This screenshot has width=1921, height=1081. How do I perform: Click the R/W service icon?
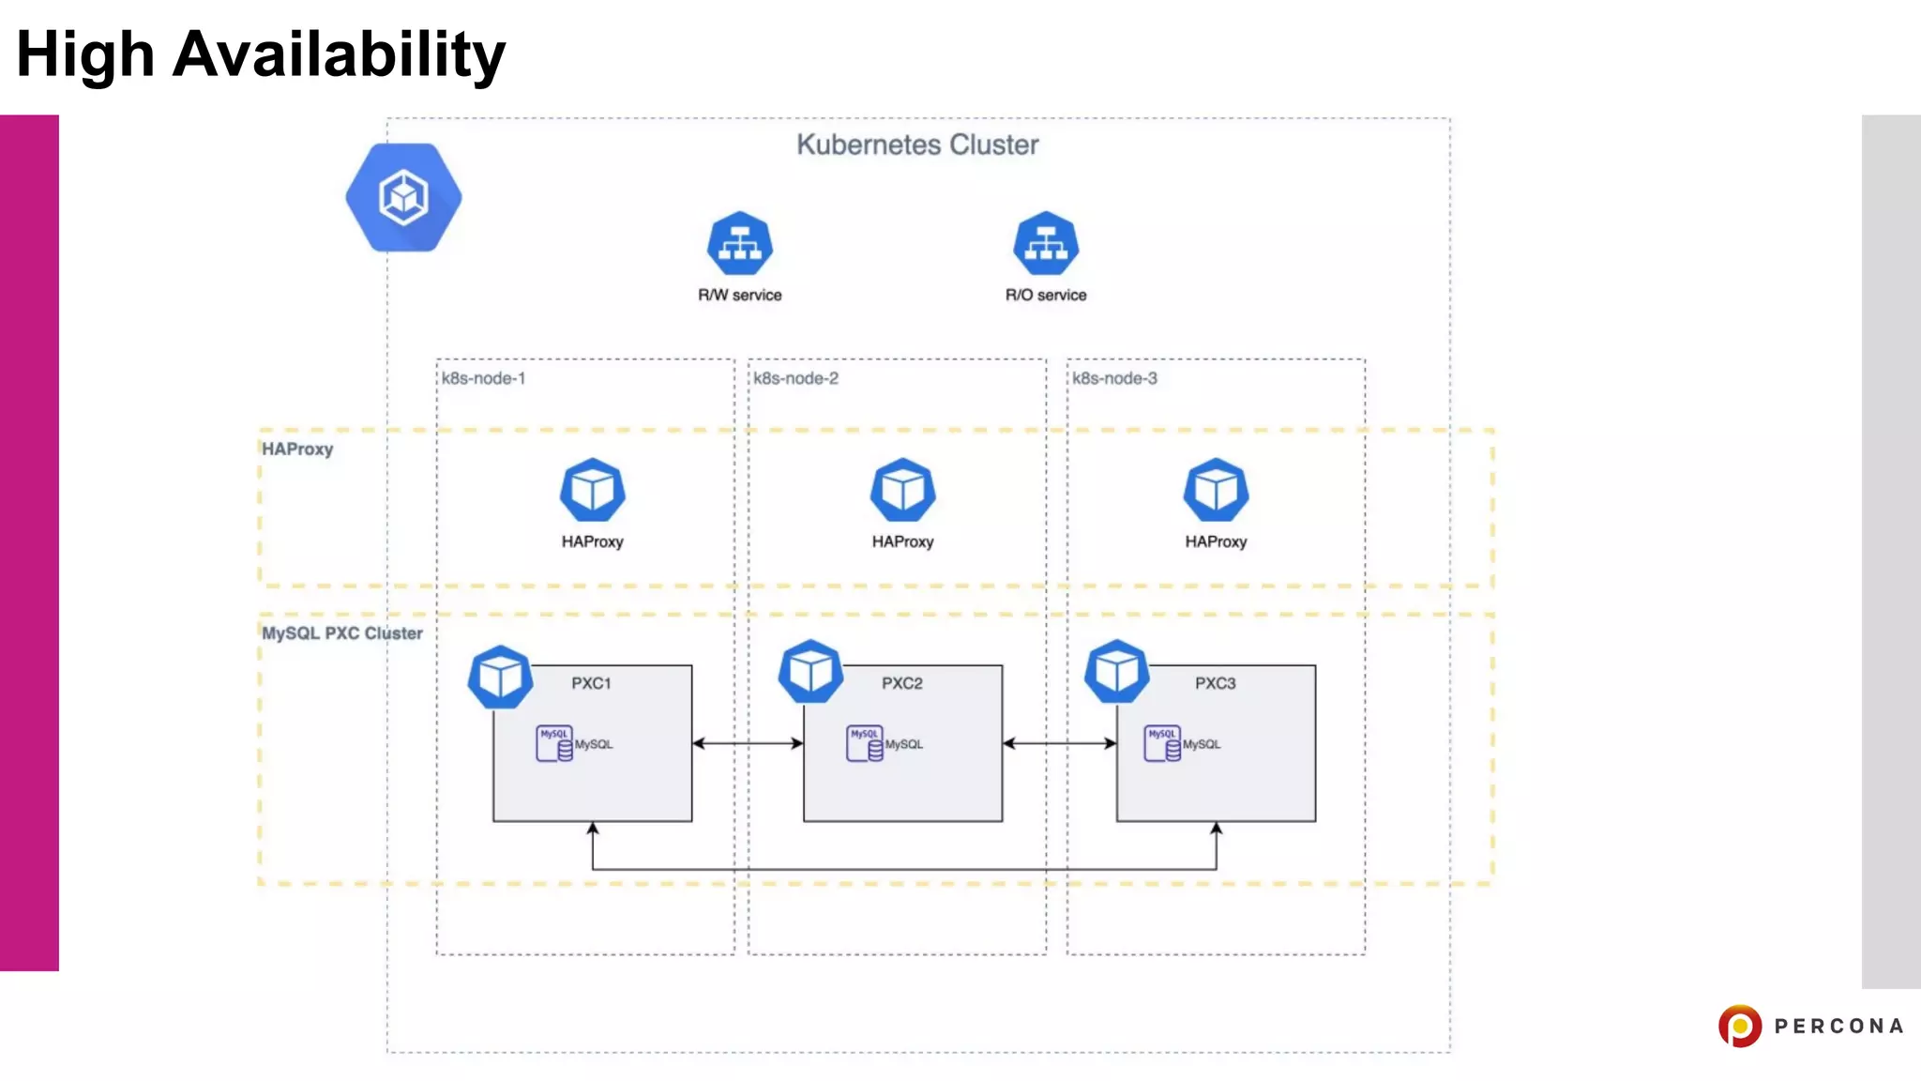(x=739, y=244)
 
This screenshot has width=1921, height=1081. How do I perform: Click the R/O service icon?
(x=1046, y=244)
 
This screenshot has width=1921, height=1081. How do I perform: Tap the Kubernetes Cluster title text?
(x=917, y=145)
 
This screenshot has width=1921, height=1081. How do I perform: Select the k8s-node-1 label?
(x=483, y=378)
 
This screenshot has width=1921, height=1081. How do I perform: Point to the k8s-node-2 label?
(x=795, y=378)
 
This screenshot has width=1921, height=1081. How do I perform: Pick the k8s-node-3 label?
(x=1114, y=378)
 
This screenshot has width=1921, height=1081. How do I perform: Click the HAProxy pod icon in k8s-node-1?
(x=592, y=490)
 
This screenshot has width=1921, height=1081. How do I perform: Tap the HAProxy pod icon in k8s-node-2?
(x=902, y=490)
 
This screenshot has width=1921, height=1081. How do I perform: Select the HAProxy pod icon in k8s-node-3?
(x=1216, y=490)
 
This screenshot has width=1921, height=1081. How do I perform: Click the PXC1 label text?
(x=591, y=683)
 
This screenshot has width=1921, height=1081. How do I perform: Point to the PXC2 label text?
(x=901, y=683)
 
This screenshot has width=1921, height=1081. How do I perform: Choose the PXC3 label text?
(x=1215, y=683)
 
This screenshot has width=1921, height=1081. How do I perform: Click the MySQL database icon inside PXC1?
(x=554, y=743)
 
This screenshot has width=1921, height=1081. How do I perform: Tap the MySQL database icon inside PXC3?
(x=1162, y=743)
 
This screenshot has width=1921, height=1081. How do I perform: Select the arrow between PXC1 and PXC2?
(x=748, y=743)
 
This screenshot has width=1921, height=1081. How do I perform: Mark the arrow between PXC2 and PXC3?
(x=1059, y=743)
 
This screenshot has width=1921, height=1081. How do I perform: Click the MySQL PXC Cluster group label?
(x=341, y=633)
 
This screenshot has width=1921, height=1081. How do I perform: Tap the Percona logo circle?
(x=1739, y=1026)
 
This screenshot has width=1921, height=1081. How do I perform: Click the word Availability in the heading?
(x=339, y=54)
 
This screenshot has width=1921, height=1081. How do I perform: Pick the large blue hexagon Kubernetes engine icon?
(x=403, y=197)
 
